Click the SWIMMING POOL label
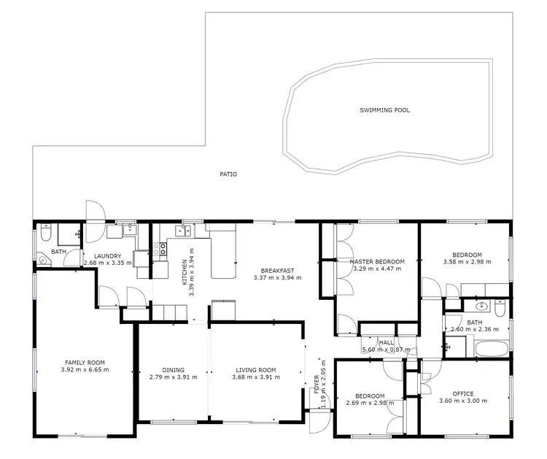(x=384, y=110)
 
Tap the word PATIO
(x=228, y=174)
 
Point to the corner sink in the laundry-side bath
(x=44, y=259)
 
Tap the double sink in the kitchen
(x=182, y=231)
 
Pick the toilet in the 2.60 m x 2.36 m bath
(x=500, y=309)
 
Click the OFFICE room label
(x=462, y=394)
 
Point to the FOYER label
(x=317, y=385)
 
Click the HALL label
(x=386, y=342)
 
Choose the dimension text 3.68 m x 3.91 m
(x=254, y=377)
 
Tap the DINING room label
(x=174, y=369)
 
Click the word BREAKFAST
(x=276, y=270)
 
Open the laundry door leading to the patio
(x=95, y=212)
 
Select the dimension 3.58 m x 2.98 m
(x=467, y=261)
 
